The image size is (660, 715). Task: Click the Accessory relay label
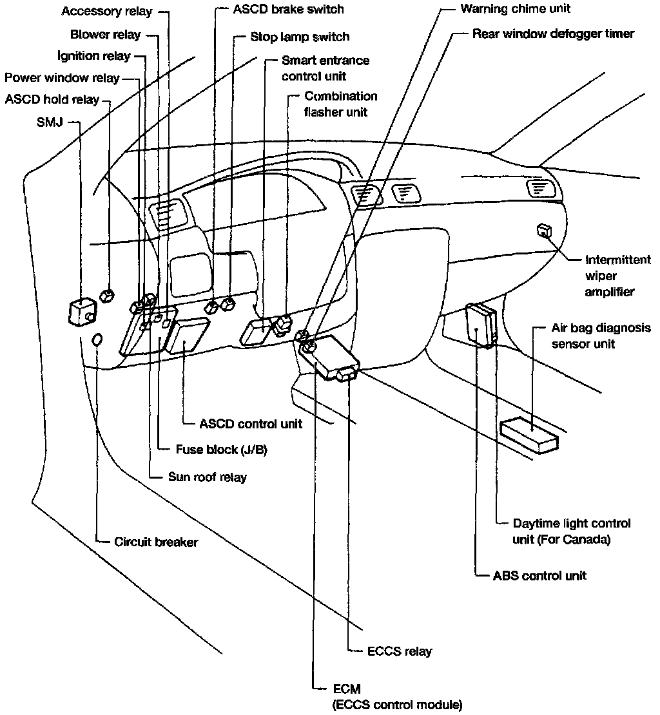pyautogui.click(x=107, y=12)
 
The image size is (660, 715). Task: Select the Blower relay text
pyautogui.click(x=105, y=35)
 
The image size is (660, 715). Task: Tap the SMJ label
pyautogui.click(x=50, y=122)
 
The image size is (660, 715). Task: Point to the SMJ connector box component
pyautogui.click(x=82, y=312)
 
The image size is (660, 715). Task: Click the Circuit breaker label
pyautogui.click(x=156, y=542)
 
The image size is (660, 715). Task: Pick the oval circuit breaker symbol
pyautogui.click(x=97, y=340)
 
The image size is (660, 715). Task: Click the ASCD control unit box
pyautogui.click(x=187, y=336)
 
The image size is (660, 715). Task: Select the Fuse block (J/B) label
pyautogui.click(x=222, y=450)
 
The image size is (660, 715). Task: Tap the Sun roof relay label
pyautogui.click(x=208, y=477)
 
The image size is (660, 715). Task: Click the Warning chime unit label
pyautogui.click(x=516, y=8)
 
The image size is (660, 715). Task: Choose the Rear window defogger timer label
pyautogui.click(x=553, y=33)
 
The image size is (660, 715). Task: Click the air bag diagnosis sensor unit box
pyautogui.click(x=529, y=435)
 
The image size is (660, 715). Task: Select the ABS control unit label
pyautogui.click(x=539, y=576)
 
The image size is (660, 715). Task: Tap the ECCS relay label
pyautogui.click(x=400, y=651)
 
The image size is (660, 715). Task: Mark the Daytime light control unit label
pyautogui.click(x=572, y=531)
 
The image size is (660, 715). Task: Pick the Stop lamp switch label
pyautogui.click(x=300, y=37)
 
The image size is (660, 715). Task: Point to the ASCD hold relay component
pyautogui.click(x=107, y=296)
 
